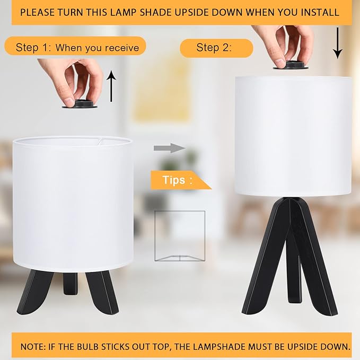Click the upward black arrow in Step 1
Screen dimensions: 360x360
[111, 86]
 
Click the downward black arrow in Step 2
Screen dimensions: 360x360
[338, 43]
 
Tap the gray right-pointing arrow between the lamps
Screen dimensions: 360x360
[170, 148]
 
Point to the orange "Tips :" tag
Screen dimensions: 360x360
[181, 180]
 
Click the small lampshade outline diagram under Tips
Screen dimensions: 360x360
[180, 236]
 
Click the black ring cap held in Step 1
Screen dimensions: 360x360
[80, 104]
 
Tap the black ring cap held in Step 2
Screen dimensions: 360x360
[291, 65]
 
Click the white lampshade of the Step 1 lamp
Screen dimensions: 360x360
[73, 204]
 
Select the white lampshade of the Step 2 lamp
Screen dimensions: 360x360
[293, 137]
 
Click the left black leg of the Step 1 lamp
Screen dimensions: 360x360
[34, 292]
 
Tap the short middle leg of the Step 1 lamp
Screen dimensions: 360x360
[71, 284]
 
